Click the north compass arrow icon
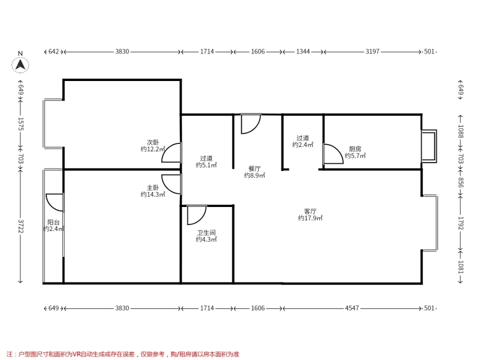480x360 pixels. coord(20,65)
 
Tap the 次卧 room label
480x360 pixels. coord(153,142)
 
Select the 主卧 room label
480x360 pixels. coord(153,188)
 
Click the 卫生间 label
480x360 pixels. coord(206,233)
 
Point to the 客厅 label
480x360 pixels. coord(310,211)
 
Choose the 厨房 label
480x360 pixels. coord(355,149)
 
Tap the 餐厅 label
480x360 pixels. coord(254,169)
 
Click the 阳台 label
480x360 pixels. coord(53,223)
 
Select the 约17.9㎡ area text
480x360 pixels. coord(310,218)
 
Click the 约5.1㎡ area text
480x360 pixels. coord(206,165)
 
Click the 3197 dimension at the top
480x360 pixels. coord(372,52)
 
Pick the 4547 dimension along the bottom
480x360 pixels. coord(352,308)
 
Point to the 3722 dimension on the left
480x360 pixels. coord(20,226)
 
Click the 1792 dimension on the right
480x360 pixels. coord(461,223)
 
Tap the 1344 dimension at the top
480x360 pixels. coord(303,52)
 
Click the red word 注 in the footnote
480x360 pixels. coord(9,354)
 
